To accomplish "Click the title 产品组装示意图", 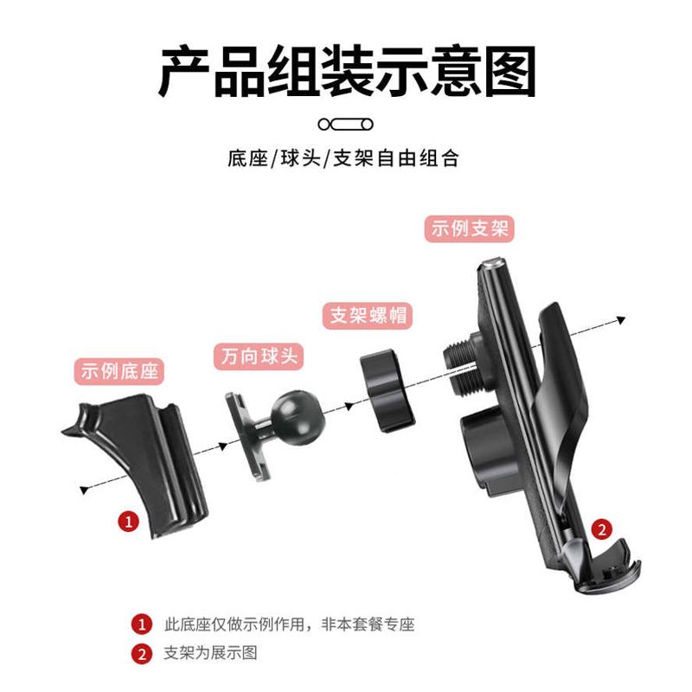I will click(x=346, y=72).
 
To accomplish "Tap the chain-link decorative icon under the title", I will click(x=345, y=124).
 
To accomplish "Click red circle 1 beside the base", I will click(x=128, y=522).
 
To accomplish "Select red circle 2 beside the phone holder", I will click(x=602, y=528).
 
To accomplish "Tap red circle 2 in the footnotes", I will click(x=140, y=653).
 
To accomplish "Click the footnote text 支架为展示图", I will click(x=210, y=653).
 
